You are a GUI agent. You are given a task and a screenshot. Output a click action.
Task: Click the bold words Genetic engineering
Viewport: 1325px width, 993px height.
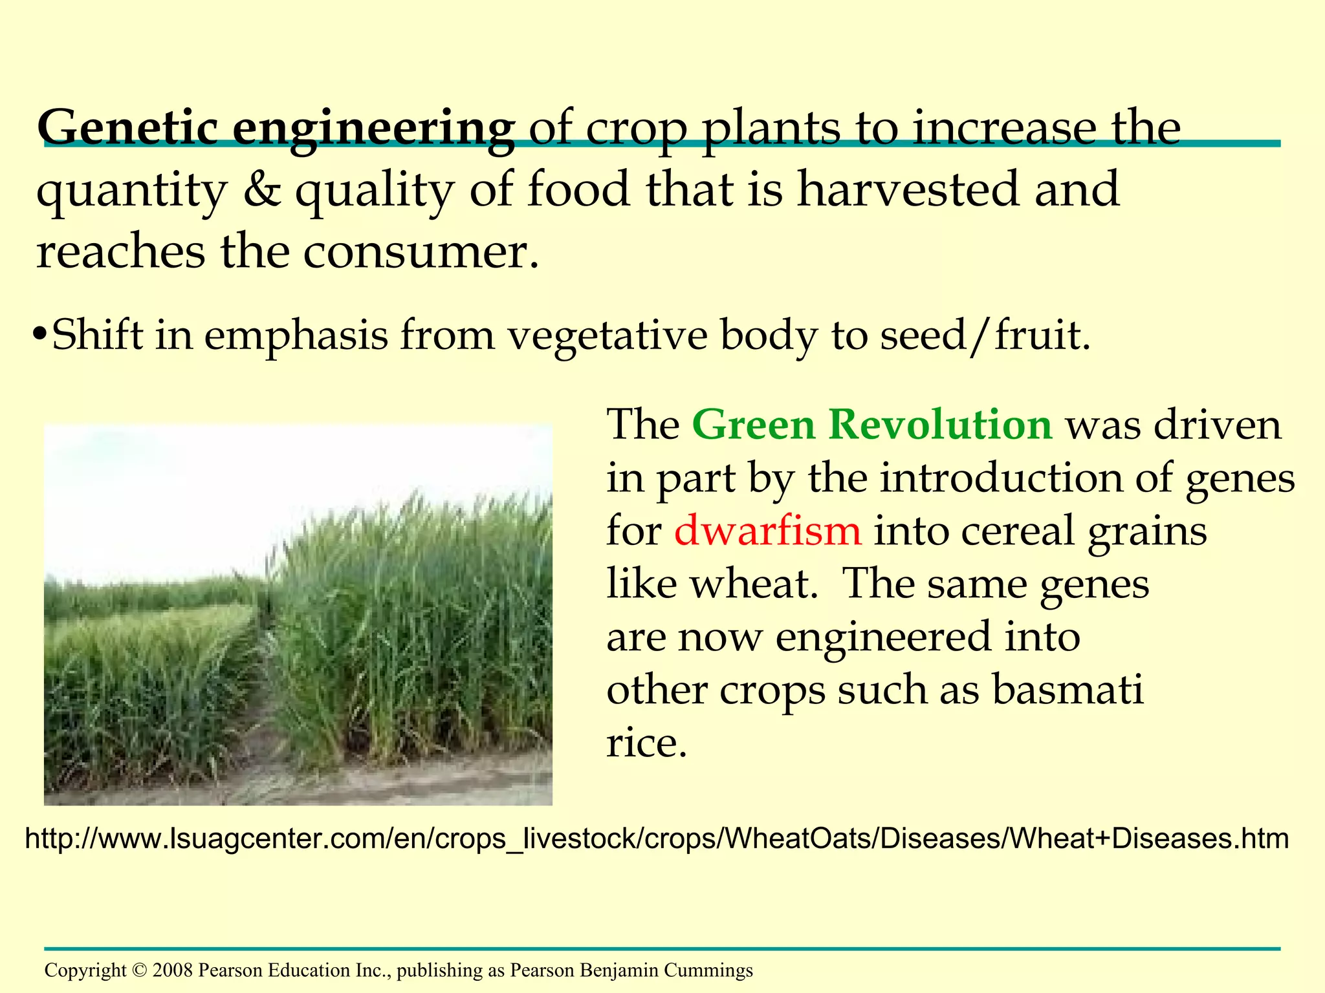pos(276,127)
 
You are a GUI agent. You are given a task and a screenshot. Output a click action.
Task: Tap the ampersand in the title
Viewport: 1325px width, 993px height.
pos(262,190)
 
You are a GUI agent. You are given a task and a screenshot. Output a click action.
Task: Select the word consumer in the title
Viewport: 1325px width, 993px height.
pos(421,251)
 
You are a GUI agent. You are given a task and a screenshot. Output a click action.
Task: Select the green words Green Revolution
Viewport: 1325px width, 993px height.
pos(872,425)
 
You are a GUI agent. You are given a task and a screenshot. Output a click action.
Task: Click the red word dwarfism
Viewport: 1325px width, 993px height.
pos(767,531)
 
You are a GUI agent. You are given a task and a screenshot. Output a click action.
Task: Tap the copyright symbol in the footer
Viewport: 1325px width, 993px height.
pos(139,970)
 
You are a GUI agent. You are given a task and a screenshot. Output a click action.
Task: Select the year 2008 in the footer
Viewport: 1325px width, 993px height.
pos(173,970)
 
